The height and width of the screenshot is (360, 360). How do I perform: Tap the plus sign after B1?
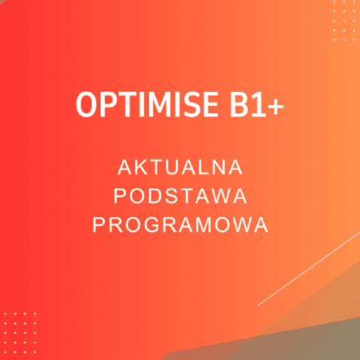click(271, 106)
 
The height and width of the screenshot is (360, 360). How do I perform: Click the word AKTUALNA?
click(180, 167)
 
